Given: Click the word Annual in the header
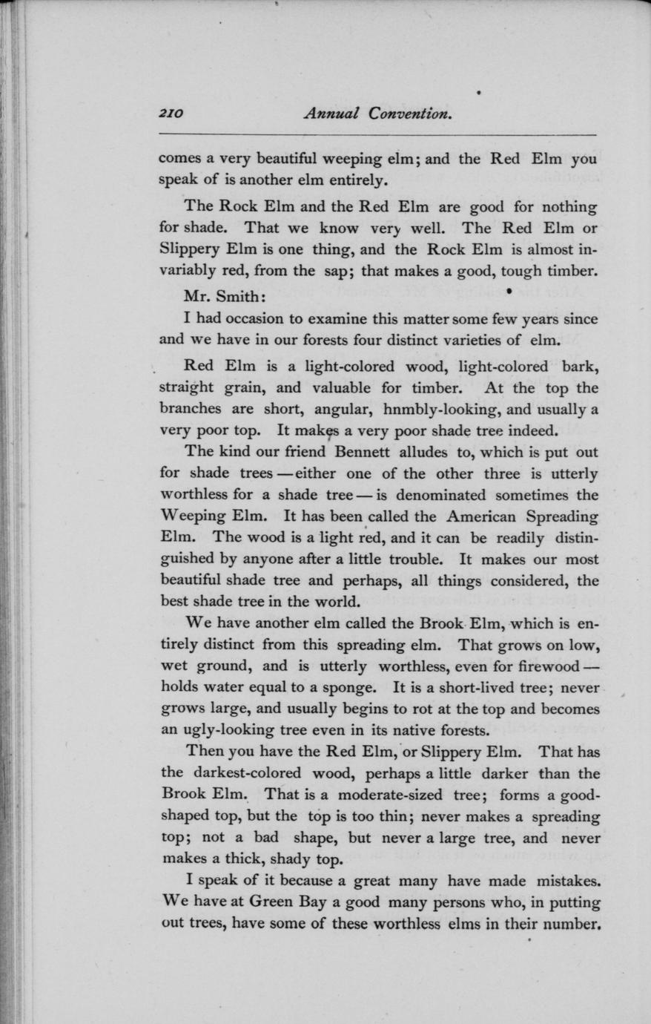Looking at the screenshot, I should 332,114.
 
